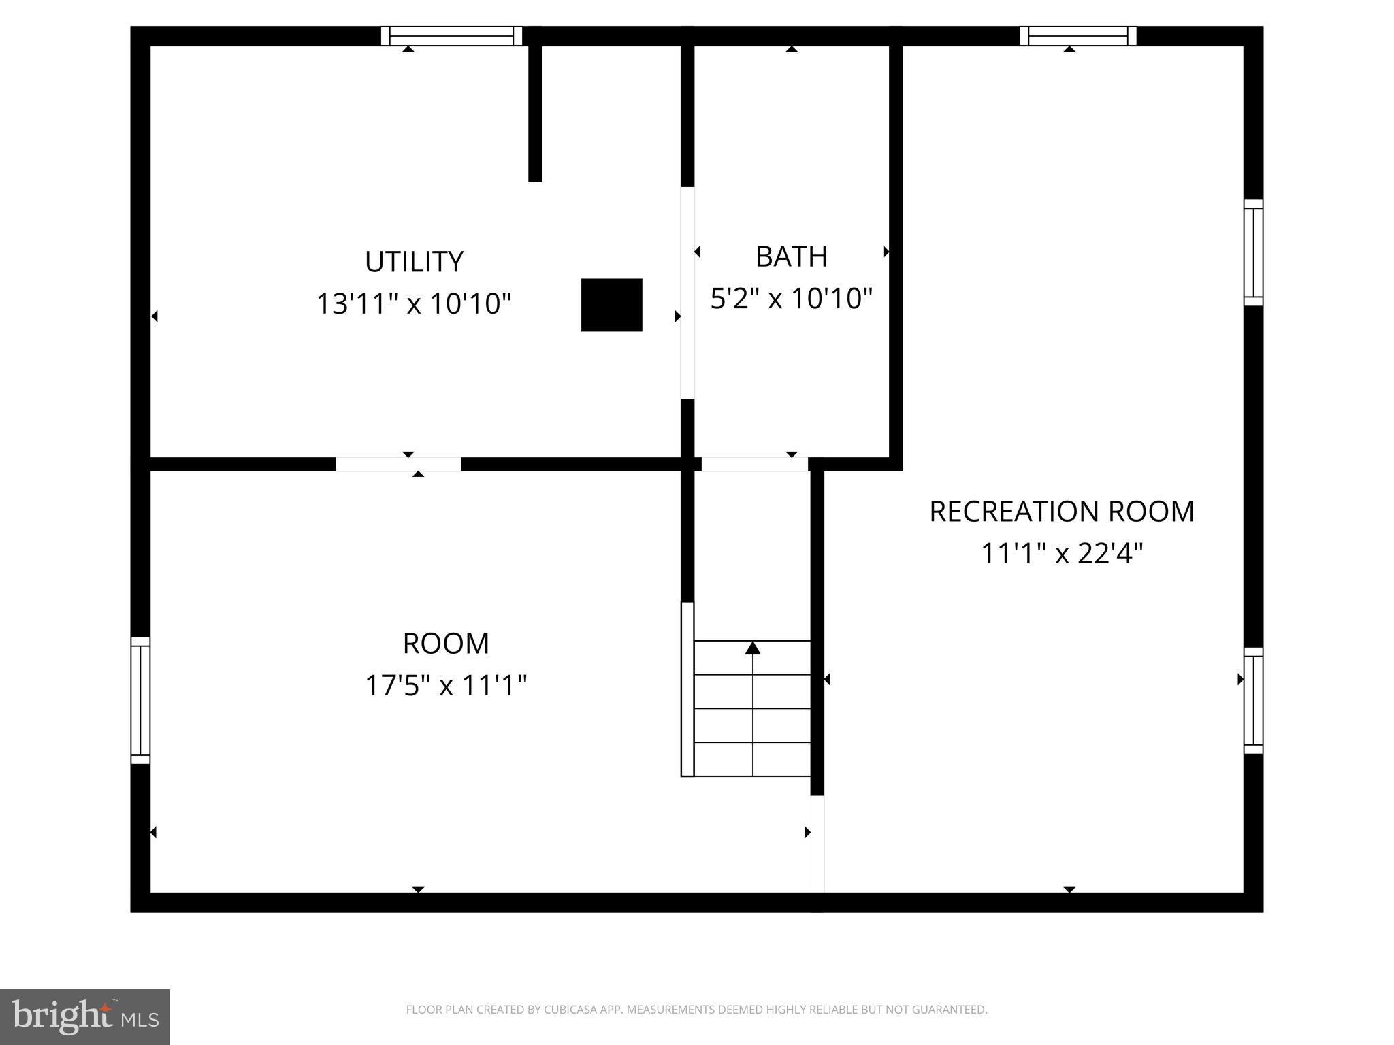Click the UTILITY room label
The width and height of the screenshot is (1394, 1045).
pyautogui.click(x=414, y=262)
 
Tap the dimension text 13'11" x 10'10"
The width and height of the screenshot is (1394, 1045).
pyautogui.click(x=414, y=303)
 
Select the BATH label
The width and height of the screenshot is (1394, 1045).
pyautogui.click(x=791, y=256)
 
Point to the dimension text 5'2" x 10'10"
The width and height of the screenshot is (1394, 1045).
pyautogui.click(x=791, y=298)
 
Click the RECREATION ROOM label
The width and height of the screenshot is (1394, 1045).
pyautogui.click(x=1061, y=512)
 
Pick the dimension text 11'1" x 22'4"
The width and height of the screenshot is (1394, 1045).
pyautogui.click(x=1061, y=553)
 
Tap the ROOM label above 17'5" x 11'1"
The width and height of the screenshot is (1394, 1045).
pyautogui.click(x=446, y=644)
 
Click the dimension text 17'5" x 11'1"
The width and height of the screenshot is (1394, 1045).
pyautogui.click(x=446, y=685)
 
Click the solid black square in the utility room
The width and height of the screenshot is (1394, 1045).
pyautogui.click(x=611, y=305)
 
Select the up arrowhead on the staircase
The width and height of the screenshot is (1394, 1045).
pyautogui.click(x=752, y=648)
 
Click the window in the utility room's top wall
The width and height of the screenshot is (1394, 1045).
pyautogui.click(x=451, y=35)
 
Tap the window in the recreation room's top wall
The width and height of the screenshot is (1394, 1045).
pyautogui.click(x=1077, y=35)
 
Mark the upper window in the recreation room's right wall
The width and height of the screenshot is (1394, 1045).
pyautogui.click(x=1253, y=252)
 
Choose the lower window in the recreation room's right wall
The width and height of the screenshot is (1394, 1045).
pyautogui.click(x=1253, y=700)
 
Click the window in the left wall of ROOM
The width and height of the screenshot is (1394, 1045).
pyautogui.click(x=140, y=700)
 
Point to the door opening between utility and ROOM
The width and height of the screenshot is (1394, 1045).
pyautogui.click(x=398, y=464)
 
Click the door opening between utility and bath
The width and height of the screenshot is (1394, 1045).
pyautogui.click(x=687, y=293)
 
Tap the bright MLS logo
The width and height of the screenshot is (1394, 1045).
pyautogui.click(x=85, y=1016)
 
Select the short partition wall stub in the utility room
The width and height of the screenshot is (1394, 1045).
pyautogui.click(x=535, y=112)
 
